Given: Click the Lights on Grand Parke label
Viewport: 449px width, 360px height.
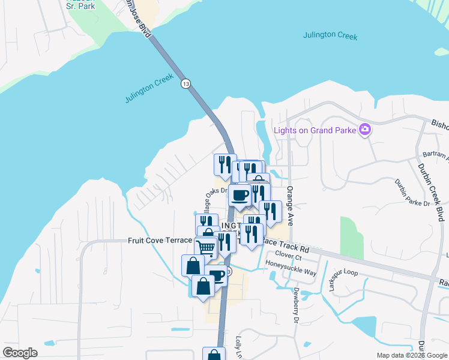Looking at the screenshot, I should click(x=315, y=130).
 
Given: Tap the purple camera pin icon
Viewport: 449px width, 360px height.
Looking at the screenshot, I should click(x=364, y=129).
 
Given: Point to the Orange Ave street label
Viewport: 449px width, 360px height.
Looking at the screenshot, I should click(x=290, y=205).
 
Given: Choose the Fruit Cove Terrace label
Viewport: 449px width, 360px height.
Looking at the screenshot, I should click(x=160, y=240).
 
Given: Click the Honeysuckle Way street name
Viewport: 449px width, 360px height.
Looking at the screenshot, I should click(x=291, y=271).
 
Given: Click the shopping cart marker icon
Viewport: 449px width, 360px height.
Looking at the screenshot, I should click(x=205, y=247).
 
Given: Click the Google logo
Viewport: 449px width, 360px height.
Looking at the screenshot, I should click(x=20, y=353).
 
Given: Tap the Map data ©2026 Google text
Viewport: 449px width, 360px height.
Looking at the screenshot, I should click(x=411, y=355).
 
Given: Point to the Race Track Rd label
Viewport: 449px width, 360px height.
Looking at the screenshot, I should click(x=286, y=247).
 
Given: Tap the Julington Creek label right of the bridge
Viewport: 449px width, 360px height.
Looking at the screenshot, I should click(x=330, y=36).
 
